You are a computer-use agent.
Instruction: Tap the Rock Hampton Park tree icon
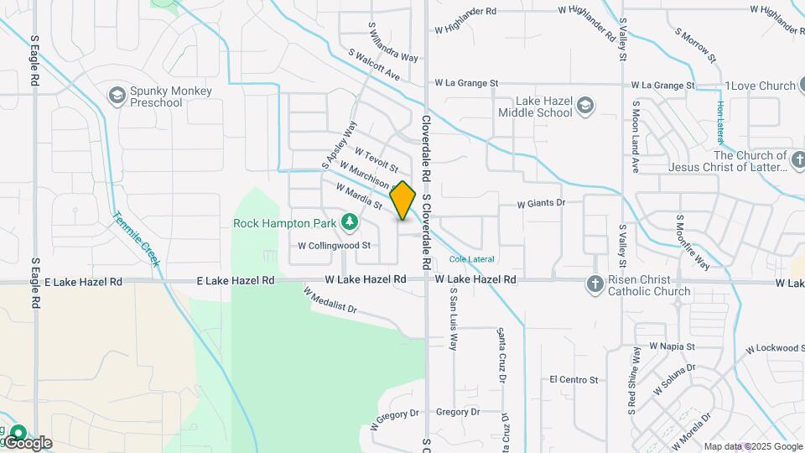point(350,222)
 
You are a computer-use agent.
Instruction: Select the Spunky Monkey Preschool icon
point(117,96)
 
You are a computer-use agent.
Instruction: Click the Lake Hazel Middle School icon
point(584,107)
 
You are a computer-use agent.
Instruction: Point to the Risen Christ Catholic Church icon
point(595,285)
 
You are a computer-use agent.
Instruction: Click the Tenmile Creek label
point(136,237)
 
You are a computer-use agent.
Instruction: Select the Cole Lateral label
point(472,259)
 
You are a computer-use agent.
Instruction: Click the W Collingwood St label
point(335,246)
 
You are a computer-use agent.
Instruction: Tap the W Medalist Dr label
point(330,302)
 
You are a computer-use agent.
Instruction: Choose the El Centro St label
point(574,380)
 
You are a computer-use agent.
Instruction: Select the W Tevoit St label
point(377,161)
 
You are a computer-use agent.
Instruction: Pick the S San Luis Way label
point(453,319)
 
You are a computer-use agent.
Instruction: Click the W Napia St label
point(673,346)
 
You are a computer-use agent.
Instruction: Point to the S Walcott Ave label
point(374,65)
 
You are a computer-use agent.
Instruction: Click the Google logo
point(27,443)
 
